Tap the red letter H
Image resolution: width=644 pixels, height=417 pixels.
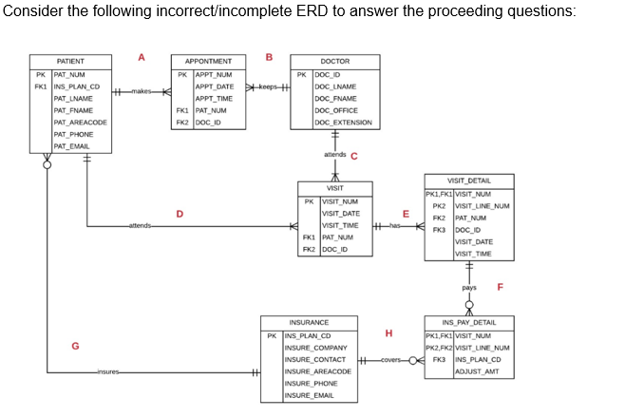click(x=388, y=332)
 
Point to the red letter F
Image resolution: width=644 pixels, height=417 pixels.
click(x=500, y=286)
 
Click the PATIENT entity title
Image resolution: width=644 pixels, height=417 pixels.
click(x=69, y=62)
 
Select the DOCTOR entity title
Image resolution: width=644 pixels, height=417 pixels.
click(x=334, y=62)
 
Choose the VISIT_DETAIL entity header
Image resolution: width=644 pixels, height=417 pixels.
click(x=468, y=180)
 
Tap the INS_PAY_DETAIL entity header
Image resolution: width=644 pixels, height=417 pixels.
click(x=468, y=322)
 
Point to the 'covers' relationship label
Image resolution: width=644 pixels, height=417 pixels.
click(x=391, y=360)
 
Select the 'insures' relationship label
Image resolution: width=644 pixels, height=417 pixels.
click(x=108, y=371)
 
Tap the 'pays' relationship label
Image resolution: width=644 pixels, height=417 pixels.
click(x=469, y=286)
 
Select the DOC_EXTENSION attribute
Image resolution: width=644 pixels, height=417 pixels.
click(x=343, y=122)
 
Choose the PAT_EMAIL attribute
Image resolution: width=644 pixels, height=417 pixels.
click(x=71, y=145)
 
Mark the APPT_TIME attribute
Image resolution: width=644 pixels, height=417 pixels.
click(x=214, y=98)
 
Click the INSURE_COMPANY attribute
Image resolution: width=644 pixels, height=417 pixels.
click(x=313, y=348)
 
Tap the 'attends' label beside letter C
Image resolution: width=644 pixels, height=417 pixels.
click(x=335, y=154)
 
